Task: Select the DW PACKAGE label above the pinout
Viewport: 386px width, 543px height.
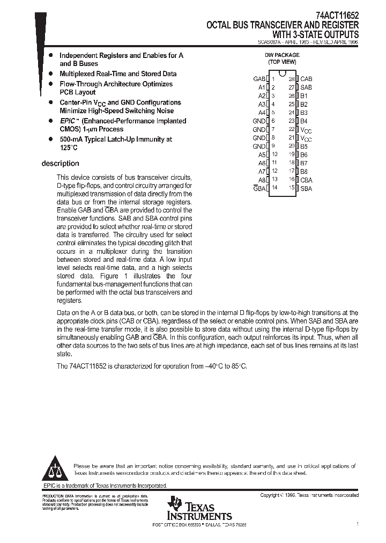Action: pos(282,55)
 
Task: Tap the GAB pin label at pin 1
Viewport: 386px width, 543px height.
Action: pos(259,79)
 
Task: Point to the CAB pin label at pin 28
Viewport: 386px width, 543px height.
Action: pos(306,79)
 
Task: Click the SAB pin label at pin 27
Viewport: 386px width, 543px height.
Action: pos(306,87)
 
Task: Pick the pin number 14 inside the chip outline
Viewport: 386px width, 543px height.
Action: pos(274,188)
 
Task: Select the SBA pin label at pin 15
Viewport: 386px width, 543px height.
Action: pos(306,188)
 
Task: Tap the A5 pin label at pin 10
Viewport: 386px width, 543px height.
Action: pos(262,155)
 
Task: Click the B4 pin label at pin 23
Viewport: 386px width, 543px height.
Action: pos(304,121)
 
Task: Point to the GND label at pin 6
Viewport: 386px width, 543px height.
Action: pos(259,121)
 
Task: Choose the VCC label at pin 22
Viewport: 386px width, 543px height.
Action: pos(305,130)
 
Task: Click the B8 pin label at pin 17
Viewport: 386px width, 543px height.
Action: pos(304,171)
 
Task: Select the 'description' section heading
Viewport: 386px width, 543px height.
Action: pos(60,164)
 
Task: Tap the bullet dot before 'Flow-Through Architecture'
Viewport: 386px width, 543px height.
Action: pos(50,84)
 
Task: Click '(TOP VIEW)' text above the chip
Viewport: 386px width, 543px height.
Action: pos(282,62)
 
